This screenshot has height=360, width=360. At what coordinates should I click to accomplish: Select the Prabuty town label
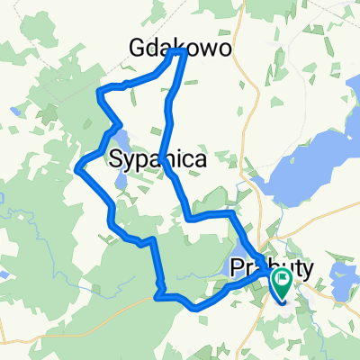270,267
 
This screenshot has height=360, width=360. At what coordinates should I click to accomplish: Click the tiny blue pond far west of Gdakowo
14,112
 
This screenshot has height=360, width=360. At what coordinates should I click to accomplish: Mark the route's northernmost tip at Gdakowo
184,51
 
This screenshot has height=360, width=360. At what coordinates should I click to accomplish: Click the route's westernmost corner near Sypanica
80,165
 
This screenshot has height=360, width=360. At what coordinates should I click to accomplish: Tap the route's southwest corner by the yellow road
158,293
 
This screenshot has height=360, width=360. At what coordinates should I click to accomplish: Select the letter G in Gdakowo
140,47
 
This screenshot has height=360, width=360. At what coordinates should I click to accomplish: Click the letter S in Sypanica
117,160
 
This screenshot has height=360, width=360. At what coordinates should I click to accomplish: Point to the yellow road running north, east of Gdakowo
255,72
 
